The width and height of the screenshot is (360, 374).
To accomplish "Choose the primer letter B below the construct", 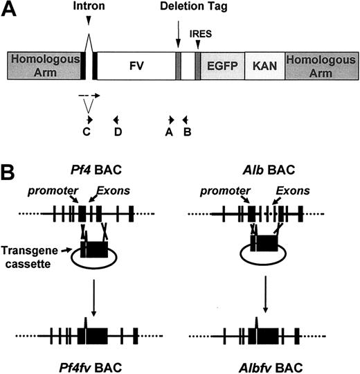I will click(187, 132).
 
